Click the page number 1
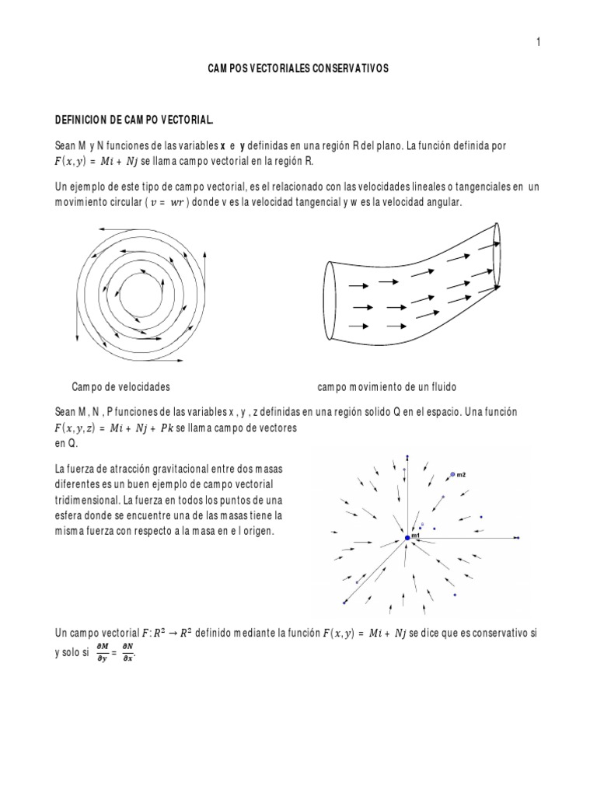pyautogui.click(x=537, y=42)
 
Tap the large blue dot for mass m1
pyautogui.click(x=407, y=538)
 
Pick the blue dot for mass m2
pyautogui.click(x=452, y=474)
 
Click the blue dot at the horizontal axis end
pyautogui.click(x=517, y=538)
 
